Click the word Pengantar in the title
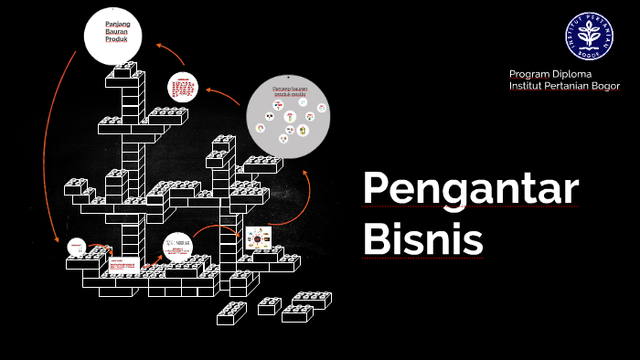tap(470, 189)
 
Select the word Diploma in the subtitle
tap(571, 74)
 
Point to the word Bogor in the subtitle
tap(603, 86)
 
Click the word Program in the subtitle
tap(529, 74)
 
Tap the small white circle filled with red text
tap(182, 88)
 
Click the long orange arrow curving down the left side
tap(52, 137)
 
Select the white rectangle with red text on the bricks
tap(123, 266)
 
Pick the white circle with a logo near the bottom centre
tap(178, 248)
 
